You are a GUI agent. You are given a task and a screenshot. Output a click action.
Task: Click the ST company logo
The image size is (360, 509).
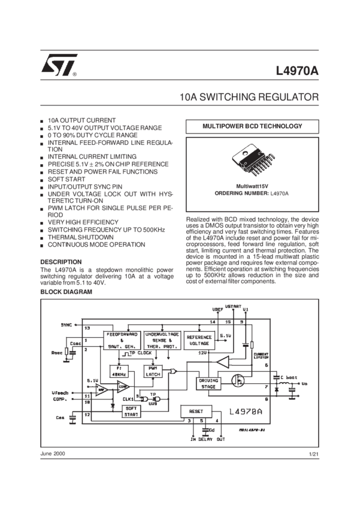[58, 65]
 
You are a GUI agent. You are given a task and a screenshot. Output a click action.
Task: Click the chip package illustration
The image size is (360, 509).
[252, 162]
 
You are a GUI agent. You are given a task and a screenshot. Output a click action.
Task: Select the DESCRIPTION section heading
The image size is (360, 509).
[60, 262]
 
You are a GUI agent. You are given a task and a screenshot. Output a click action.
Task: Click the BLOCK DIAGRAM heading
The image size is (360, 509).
[66, 292]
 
